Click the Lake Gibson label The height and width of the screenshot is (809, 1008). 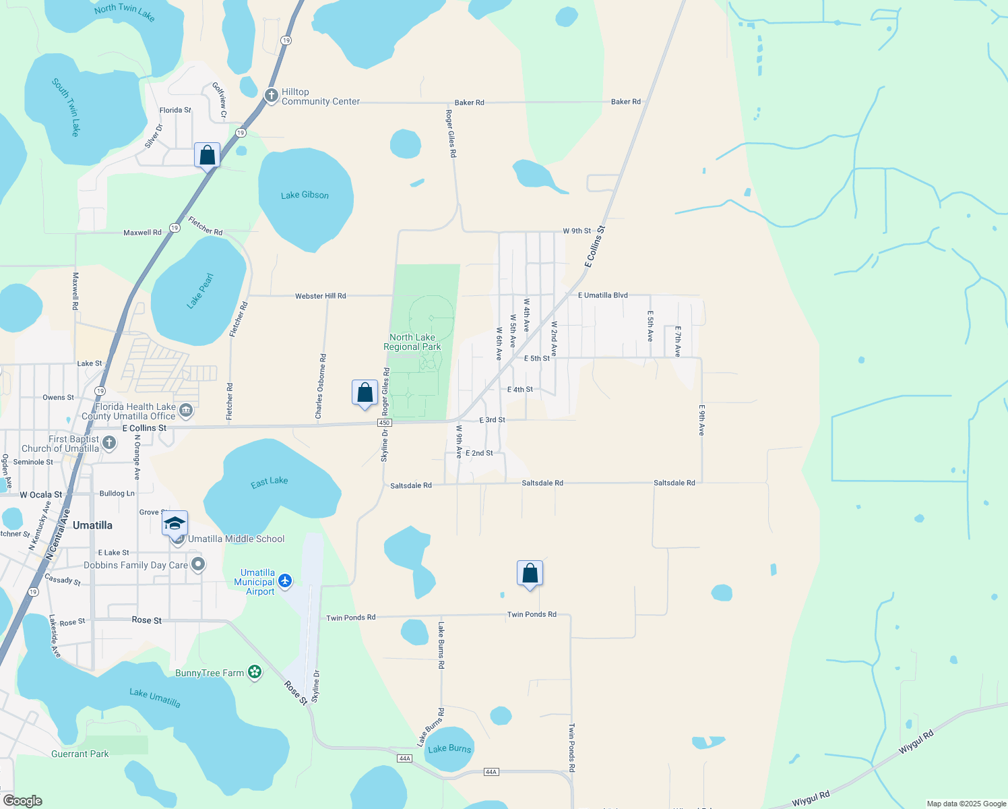(305, 195)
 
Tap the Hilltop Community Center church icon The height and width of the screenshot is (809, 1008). (272, 96)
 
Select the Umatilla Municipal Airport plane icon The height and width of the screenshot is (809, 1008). (285, 580)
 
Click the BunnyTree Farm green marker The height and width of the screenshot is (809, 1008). (255, 672)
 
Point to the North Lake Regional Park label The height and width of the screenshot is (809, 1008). (412, 342)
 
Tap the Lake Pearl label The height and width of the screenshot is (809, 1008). (200, 291)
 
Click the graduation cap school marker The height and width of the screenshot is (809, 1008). (175, 524)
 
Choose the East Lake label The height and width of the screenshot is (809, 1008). (270, 482)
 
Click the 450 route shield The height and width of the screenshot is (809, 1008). (384, 423)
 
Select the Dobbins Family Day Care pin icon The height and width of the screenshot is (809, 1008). (197, 564)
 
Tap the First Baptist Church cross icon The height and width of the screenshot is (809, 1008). (109, 443)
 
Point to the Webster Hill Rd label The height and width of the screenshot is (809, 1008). (321, 296)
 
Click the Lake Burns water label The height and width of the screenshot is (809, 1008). (449, 748)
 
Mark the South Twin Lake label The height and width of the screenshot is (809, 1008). (66, 108)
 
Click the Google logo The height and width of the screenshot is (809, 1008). (22, 801)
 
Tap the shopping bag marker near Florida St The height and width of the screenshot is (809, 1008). (208, 156)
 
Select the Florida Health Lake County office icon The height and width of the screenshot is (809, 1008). (186, 410)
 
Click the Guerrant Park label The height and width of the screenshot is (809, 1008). (80, 754)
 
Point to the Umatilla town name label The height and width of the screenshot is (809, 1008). (92, 525)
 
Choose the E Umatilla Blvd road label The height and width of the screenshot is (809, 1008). (603, 295)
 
